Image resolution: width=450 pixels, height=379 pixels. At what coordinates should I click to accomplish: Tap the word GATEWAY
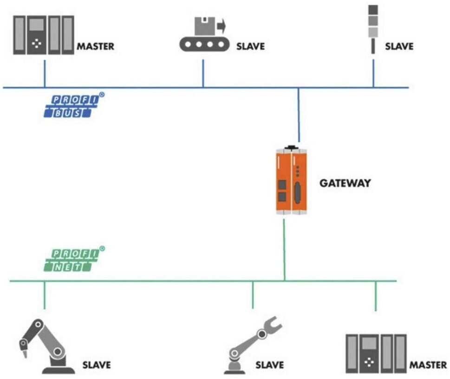[x=345, y=183]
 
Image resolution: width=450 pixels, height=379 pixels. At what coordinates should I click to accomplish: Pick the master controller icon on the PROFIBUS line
[x=44, y=35]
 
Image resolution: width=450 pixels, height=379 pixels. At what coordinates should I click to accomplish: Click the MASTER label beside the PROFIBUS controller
[x=95, y=46]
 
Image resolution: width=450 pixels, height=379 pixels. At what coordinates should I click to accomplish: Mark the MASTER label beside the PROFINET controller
[x=428, y=365]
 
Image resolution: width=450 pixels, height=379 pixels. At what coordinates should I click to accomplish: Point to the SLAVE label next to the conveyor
[x=250, y=46]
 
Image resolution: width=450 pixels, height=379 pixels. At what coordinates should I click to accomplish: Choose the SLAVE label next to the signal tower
[x=399, y=46]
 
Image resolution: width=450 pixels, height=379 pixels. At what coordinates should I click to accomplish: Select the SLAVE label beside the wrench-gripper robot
[x=269, y=365]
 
